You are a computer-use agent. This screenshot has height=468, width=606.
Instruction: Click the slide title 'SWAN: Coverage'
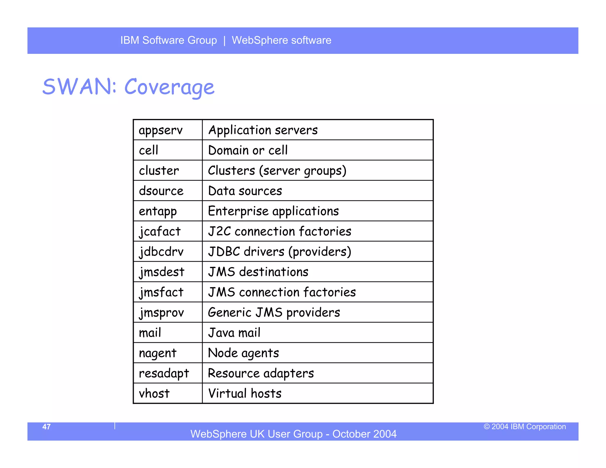128,87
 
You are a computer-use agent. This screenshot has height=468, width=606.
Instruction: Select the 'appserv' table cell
161,130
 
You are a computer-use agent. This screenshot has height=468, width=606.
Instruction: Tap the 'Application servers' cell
263,130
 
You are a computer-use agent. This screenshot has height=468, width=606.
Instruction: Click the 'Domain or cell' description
248,150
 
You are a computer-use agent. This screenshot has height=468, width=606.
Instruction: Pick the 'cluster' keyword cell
159,171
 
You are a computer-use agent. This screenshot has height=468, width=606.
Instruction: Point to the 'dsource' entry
161,191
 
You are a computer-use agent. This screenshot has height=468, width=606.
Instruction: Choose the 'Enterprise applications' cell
273,211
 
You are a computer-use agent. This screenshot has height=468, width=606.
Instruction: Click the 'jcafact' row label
160,231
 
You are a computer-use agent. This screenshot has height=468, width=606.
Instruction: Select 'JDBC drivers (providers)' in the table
280,252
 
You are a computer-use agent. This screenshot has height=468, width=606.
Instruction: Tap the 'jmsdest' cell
162,272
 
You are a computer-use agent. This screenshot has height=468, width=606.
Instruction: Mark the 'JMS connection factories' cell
282,292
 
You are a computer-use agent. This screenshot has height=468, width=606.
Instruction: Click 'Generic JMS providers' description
274,312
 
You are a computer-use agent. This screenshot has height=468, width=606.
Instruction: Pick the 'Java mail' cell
234,333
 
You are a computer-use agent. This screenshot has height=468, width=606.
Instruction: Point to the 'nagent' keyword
158,353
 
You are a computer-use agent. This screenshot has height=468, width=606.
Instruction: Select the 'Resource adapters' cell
261,373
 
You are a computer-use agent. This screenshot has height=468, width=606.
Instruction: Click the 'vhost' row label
154,393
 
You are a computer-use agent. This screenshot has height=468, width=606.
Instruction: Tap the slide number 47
46,427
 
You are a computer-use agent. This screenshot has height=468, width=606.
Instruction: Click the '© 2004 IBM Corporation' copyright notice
525,427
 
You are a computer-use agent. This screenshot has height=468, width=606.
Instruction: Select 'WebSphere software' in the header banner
281,40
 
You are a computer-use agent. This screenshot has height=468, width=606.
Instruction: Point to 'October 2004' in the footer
364,434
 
